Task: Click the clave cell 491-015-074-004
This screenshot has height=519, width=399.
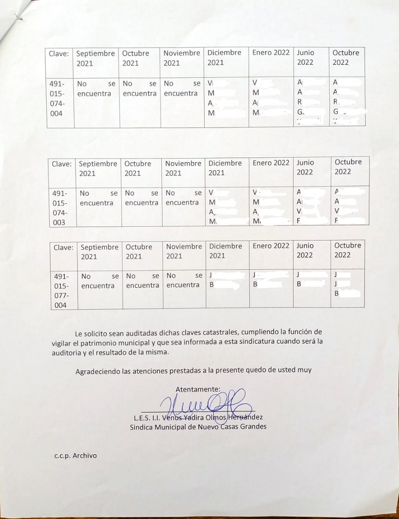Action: click(56, 98)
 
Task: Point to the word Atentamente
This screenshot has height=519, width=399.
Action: click(198, 389)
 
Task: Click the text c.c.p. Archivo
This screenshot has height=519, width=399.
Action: click(76, 455)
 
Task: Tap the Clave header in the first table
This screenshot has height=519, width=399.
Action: click(59, 53)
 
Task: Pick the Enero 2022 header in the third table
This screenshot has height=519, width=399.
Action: click(271, 246)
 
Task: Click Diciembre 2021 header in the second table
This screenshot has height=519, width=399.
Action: click(225, 168)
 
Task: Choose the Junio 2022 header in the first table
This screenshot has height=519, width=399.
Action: click(305, 57)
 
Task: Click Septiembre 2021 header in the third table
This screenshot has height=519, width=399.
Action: click(99, 251)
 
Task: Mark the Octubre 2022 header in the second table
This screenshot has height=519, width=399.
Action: click(348, 166)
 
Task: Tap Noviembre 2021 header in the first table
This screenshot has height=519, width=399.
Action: click(182, 58)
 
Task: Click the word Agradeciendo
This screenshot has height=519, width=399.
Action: click(97, 370)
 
